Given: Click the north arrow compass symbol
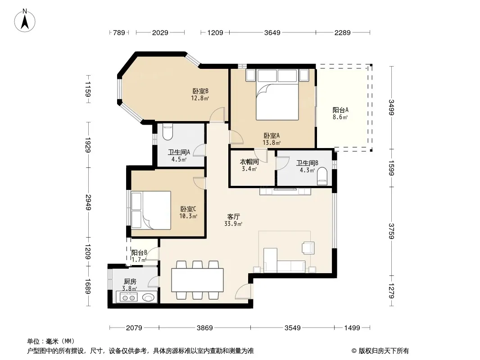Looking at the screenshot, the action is point(25,21).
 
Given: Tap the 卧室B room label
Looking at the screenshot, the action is point(200,91).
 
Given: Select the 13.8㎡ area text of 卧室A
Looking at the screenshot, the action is point(272,143).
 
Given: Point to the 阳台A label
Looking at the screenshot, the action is point(340,110).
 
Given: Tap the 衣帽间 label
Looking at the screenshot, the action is point(249,162).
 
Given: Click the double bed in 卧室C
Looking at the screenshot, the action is point(151,210).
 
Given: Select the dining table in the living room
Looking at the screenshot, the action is point(198,280).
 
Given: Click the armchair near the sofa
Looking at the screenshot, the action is point(308,248).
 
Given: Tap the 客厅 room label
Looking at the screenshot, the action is point(233,216).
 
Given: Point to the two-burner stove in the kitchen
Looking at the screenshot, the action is point(128,297).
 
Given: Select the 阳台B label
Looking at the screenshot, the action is point(139,252).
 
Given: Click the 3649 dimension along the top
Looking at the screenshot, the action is point(272,32).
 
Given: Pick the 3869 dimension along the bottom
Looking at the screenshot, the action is point(204,328).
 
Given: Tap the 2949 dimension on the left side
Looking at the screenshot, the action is point(88,202).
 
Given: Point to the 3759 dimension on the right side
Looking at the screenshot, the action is point(392,231).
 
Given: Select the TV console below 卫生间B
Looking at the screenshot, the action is point(285,191).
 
